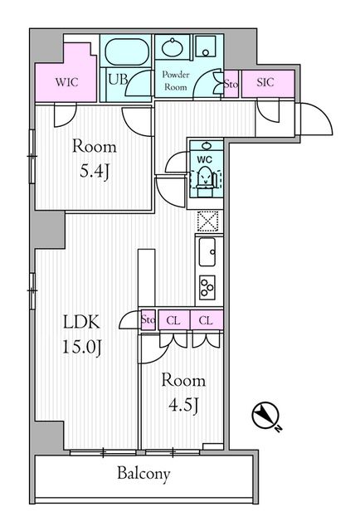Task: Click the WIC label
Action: coord(66,82)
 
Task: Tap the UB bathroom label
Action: coord(118,80)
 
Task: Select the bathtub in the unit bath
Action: coord(127,51)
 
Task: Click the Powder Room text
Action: coord(175,80)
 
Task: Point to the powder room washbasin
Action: coord(173,48)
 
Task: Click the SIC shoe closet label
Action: coord(265,82)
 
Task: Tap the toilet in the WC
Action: coord(205,177)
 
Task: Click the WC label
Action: coord(204,159)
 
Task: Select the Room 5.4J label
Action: coord(95,159)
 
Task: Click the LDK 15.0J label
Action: coord(82,334)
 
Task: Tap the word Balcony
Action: coord(144,474)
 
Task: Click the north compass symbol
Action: coord(265,416)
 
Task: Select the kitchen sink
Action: coord(207,252)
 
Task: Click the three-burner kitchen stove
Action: coord(207,288)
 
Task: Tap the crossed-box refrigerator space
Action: coord(208,221)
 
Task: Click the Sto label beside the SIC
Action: coord(231,84)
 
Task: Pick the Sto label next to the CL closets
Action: coord(148,319)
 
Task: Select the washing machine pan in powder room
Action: coord(206,46)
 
